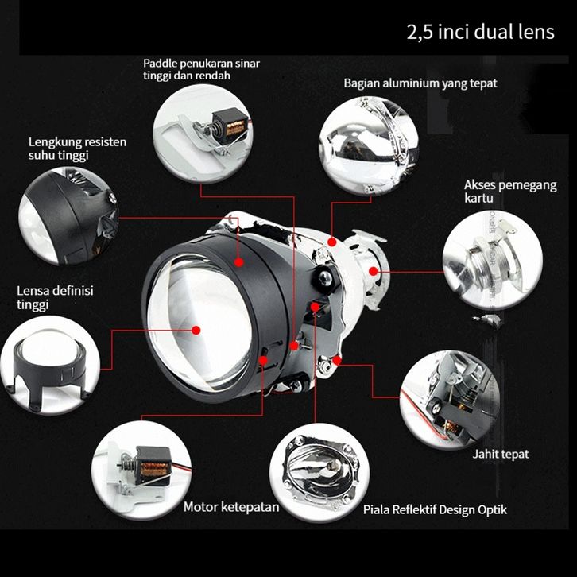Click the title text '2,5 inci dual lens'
pyautogui.click(x=480, y=32)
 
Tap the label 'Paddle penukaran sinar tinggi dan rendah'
pyautogui.click(x=201, y=69)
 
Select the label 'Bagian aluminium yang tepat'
pyautogui.click(x=420, y=83)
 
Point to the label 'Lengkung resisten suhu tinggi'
pyautogui.click(x=77, y=149)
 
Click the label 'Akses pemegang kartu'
pyautogui.click(x=510, y=192)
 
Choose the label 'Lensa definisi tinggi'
pyautogui.click(x=55, y=297)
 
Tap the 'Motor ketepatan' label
pyautogui.click(x=231, y=507)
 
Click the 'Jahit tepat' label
pyautogui.click(x=501, y=455)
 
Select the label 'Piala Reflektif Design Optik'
pyautogui.click(x=435, y=509)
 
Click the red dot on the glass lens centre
pyautogui.click(x=196, y=330)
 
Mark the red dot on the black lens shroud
pyautogui.click(x=239, y=262)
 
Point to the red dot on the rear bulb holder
pyautogui.click(x=373, y=272)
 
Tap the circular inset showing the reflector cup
pyautogui.click(x=319, y=473)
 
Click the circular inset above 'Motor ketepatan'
pyautogui.click(x=141, y=470)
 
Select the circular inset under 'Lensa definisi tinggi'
pyautogui.click(x=50, y=365)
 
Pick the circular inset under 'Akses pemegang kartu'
pyautogui.click(x=493, y=260)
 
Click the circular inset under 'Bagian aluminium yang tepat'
pyautogui.click(x=368, y=146)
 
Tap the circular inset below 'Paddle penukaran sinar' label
pyautogui.click(x=203, y=134)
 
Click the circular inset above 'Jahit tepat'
pyautogui.click(x=450, y=400)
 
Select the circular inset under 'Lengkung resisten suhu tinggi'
pyautogui.click(x=68, y=216)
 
